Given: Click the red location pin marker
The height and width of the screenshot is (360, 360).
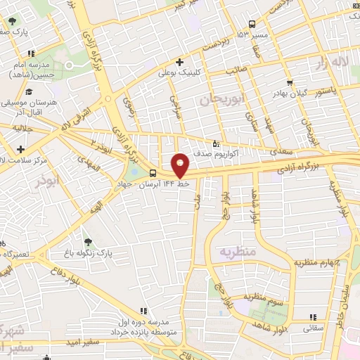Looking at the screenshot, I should pos(181,166).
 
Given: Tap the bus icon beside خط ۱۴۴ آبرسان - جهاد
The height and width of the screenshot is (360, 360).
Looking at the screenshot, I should pos(153,173).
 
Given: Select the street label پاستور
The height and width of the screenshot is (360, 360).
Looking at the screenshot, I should pos(324,90).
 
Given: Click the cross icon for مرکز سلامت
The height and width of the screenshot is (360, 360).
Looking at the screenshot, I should pos(21,149).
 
